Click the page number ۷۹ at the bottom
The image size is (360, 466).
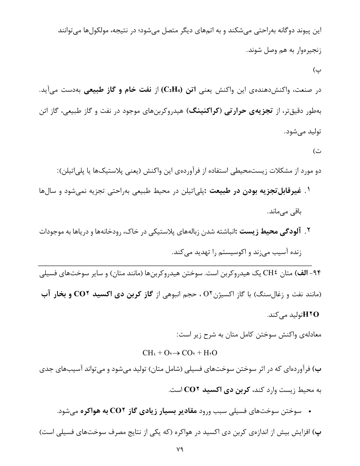[180, 450]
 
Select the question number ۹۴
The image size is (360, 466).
[317, 274]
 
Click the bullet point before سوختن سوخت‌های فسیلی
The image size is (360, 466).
[309, 411]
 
